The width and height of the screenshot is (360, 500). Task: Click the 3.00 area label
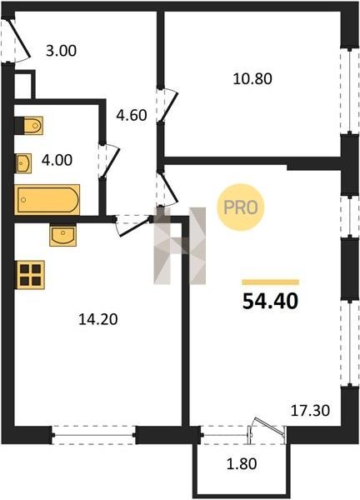(x=61, y=51)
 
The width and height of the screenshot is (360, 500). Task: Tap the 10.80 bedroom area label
(x=252, y=79)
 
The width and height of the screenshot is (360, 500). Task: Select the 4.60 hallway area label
(x=132, y=115)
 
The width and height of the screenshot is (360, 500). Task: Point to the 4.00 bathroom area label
(x=57, y=160)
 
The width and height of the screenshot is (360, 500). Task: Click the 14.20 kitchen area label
(x=98, y=319)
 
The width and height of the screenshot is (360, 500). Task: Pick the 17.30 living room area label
(x=310, y=410)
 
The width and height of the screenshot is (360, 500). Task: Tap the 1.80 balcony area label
(x=242, y=463)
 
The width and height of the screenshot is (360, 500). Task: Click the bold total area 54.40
(x=270, y=301)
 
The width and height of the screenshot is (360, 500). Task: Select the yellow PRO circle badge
(x=241, y=207)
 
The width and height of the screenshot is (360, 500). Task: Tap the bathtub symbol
(x=47, y=200)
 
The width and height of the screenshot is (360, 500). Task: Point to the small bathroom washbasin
(x=23, y=163)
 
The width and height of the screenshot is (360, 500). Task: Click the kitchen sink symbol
(x=62, y=235)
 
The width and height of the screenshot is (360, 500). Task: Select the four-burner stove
(x=30, y=275)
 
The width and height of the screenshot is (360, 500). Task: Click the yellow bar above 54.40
(x=270, y=282)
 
